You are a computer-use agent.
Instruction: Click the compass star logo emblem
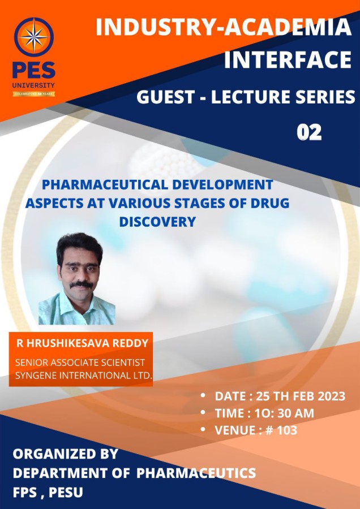click(34, 37)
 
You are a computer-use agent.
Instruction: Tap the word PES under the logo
click(34, 70)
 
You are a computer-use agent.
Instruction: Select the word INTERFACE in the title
click(288, 59)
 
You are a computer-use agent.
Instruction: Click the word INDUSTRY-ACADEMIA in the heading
click(224, 27)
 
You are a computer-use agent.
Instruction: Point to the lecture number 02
click(309, 132)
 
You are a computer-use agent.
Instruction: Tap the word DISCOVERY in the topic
click(157, 222)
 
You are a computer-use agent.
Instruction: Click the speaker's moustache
click(82, 284)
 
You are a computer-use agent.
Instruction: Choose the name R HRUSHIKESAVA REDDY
click(82, 343)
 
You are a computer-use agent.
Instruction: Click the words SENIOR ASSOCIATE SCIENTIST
click(80, 363)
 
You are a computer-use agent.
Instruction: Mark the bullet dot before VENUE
click(203, 429)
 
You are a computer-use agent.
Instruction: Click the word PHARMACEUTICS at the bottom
click(196, 473)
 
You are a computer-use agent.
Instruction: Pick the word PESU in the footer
click(66, 493)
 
